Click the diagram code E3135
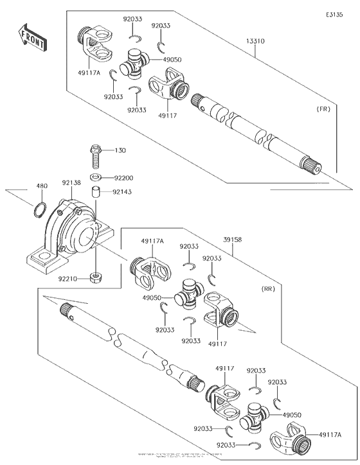335,13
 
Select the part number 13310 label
255,41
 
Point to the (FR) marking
323,109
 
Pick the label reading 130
120,150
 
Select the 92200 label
124,177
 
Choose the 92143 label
124,191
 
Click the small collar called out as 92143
94,193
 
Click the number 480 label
42,187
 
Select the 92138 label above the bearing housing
71,183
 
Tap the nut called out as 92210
94,277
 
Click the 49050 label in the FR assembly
172,60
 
